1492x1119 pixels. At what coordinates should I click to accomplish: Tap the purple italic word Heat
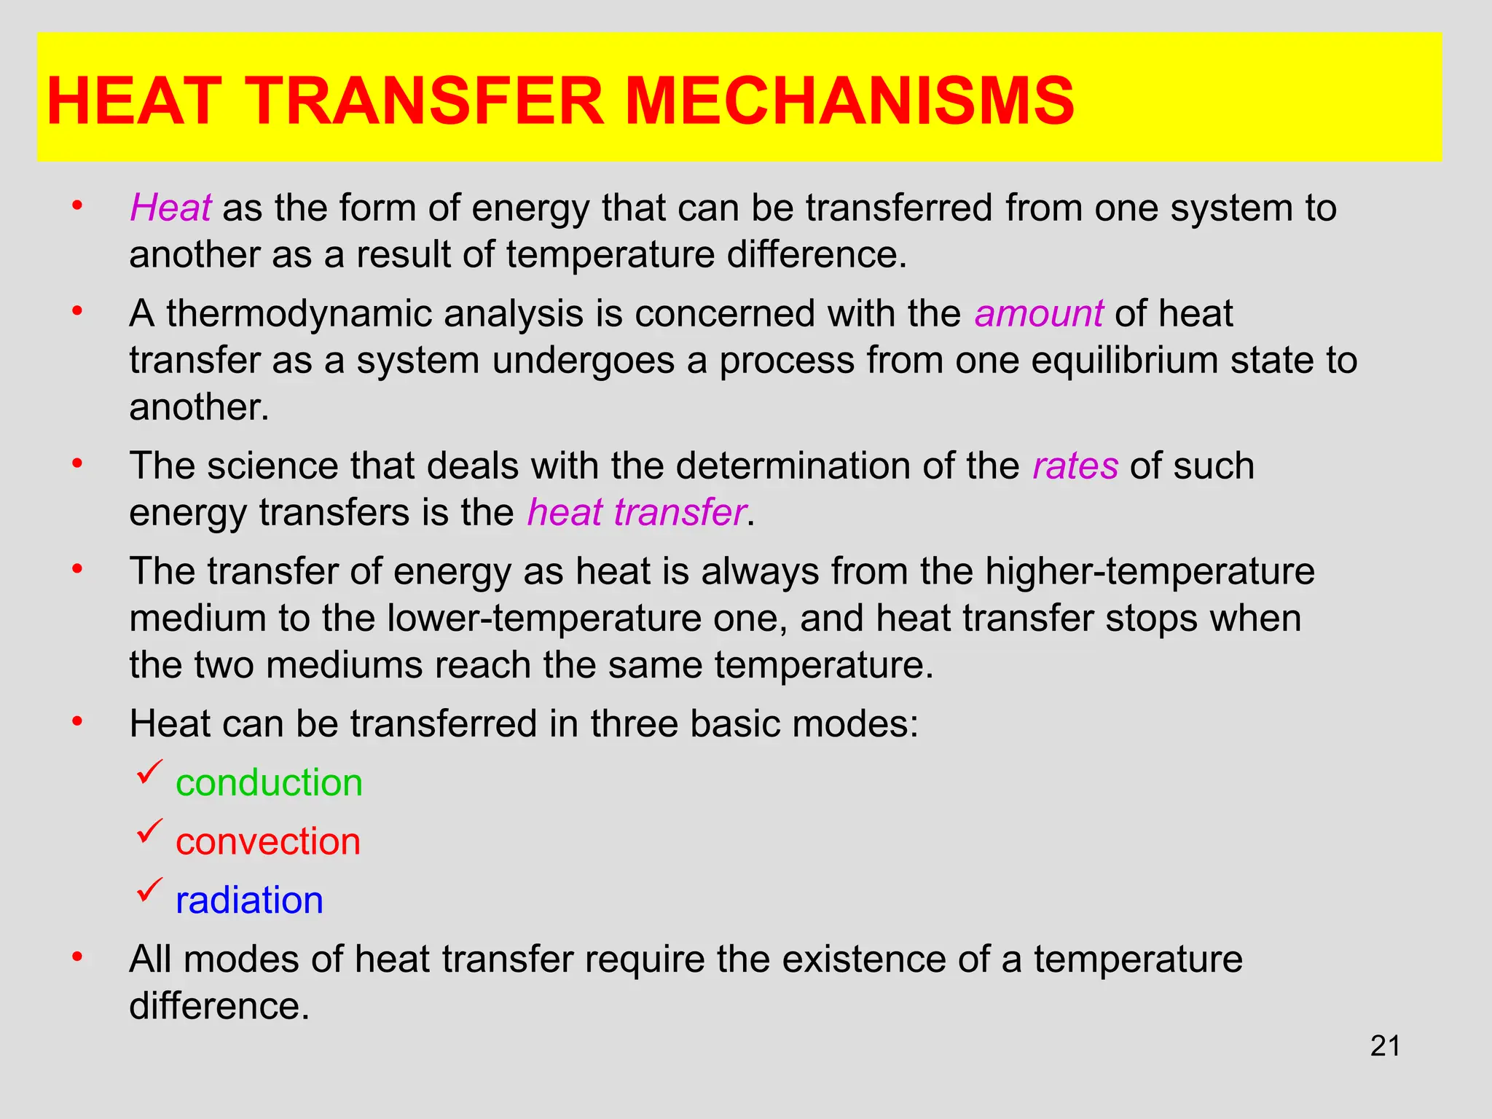[x=170, y=208]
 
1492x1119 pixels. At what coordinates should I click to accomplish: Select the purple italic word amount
[x=1039, y=314]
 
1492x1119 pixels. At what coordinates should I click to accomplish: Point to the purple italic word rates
[x=1075, y=466]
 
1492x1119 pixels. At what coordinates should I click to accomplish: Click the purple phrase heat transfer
[x=637, y=513]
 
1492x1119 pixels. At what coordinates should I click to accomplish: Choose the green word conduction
[x=269, y=783]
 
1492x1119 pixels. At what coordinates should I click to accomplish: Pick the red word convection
[x=268, y=842]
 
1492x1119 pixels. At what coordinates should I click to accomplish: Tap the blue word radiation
[x=249, y=900]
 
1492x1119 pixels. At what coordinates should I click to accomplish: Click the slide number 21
[x=1385, y=1046]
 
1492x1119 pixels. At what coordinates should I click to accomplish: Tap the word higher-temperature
[x=1150, y=571]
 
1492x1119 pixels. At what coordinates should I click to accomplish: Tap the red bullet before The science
[x=76, y=463]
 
